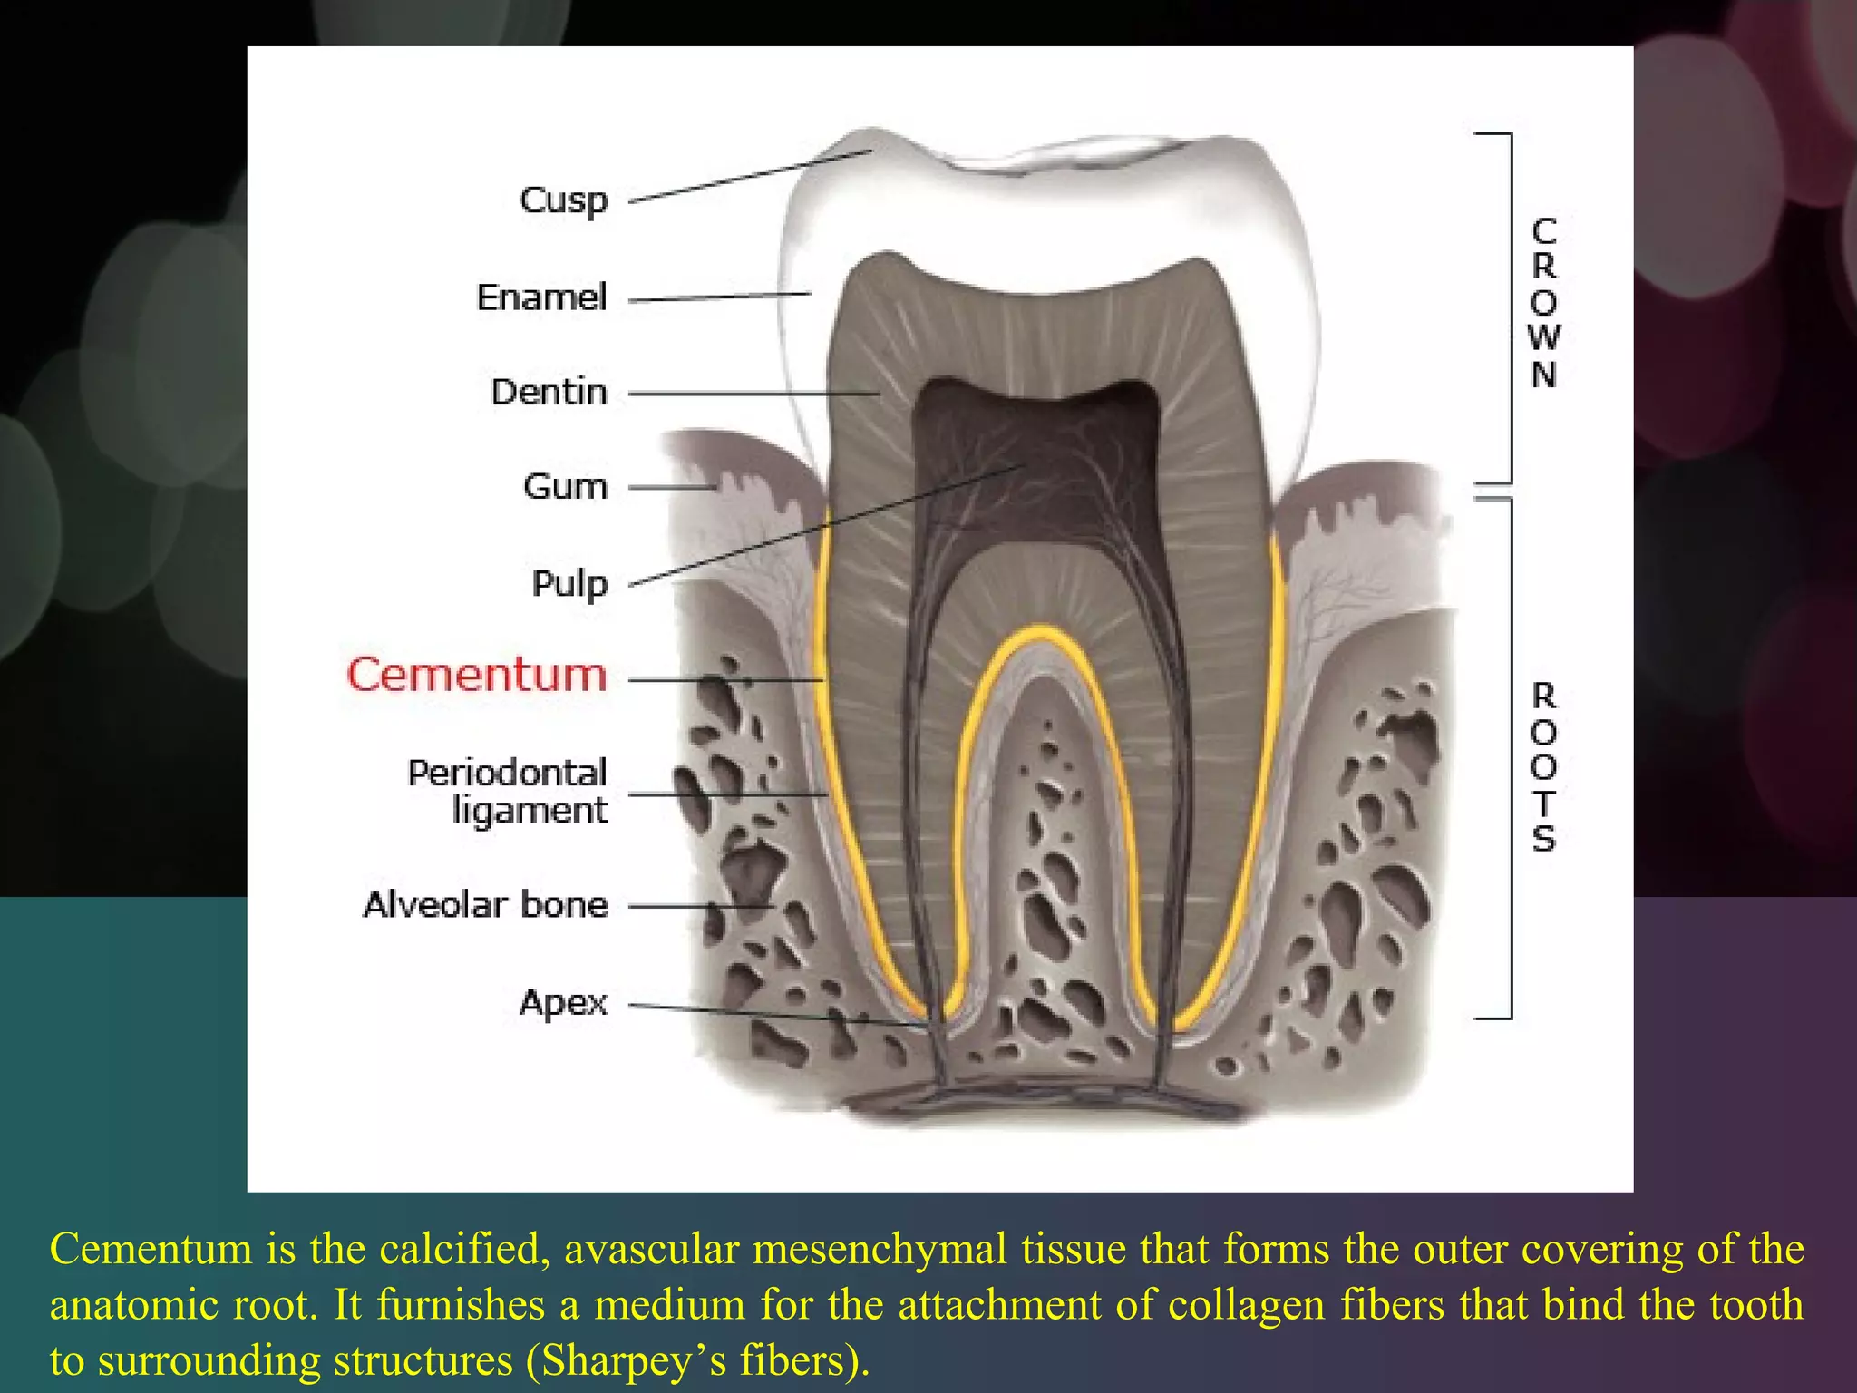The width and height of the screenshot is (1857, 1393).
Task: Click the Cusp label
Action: point(563,200)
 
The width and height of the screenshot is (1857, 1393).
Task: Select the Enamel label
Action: point(541,297)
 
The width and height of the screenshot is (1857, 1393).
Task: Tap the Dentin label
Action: point(549,393)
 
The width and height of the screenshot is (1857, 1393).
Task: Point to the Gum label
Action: point(564,487)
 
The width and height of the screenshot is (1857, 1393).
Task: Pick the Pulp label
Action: point(569,584)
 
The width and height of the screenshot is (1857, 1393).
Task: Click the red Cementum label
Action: point(477,676)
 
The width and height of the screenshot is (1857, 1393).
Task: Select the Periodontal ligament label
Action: point(508,791)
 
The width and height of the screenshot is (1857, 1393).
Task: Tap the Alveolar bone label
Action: point(485,905)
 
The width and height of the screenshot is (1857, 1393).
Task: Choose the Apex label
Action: point(563,1003)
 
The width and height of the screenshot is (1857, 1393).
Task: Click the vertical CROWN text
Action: point(1543,303)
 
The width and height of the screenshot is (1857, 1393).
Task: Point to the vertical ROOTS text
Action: point(1543,767)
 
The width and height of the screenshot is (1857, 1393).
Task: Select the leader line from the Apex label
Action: point(780,1015)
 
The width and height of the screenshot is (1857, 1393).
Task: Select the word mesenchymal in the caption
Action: point(880,1249)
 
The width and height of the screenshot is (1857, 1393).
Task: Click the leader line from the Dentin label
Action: point(753,394)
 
